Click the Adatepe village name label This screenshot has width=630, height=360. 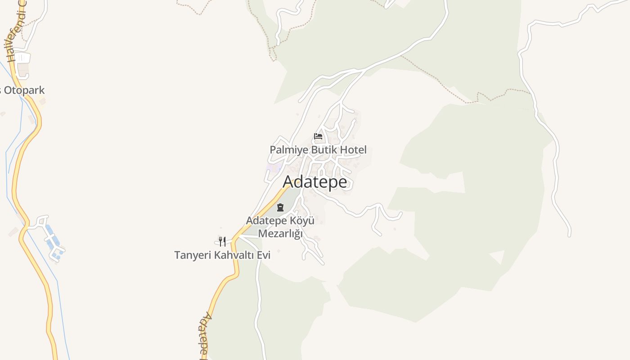pos(315,182)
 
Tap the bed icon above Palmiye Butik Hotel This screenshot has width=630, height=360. pos(318,136)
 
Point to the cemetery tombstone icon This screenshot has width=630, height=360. pos(280,207)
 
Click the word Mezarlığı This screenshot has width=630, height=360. pos(280,233)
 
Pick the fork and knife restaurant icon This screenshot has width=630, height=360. pos(222,242)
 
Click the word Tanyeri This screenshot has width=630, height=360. pos(192,255)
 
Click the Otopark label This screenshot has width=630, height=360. pos(25,90)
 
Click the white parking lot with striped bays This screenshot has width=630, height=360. pos(22,58)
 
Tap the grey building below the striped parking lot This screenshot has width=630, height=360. pos(23,69)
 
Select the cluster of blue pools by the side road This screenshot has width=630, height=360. pos(53,243)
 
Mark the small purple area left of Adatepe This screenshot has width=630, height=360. pos(272,168)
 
